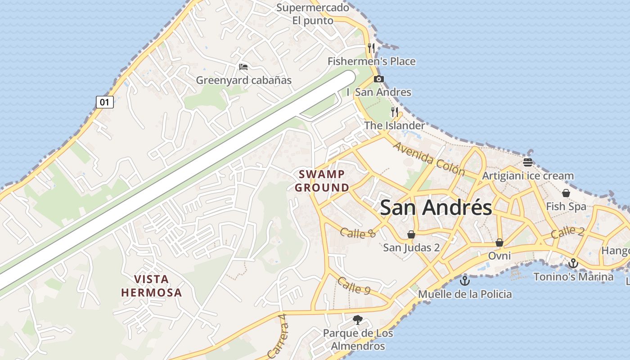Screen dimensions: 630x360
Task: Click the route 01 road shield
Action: click(x=104, y=102)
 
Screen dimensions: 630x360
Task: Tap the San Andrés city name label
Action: click(x=436, y=208)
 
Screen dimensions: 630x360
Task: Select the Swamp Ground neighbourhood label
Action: click(x=322, y=181)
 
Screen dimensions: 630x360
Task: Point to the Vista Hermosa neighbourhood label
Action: click(x=152, y=286)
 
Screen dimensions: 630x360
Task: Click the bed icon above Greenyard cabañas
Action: click(x=243, y=67)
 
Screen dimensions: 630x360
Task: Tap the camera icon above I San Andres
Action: click(x=379, y=79)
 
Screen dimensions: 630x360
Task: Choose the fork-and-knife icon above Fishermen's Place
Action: click(x=371, y=48)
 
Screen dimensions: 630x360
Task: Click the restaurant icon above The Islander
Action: click(x=395, y=112)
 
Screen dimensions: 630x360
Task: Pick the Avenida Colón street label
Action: click(x=429, y=158)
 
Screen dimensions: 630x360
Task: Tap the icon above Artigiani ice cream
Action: click(x=528, y=162)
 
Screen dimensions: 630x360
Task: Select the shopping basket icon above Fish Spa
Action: click(x=566, y=193)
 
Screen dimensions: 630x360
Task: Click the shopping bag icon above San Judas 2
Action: click(x=411, y=234)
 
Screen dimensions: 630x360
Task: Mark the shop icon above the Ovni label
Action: click(x=499, y=243)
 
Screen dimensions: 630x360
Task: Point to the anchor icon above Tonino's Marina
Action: click(x=573, y=263)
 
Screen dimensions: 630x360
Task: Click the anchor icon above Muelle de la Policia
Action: click(x=465, y=281)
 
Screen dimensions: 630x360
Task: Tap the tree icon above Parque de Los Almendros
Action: click(x=358, y=320)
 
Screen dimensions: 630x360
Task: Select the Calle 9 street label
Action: click(x=354, y=286)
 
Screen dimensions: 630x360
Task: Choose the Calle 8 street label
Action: click(x=358, y=233)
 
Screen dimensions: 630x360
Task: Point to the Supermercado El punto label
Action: click(x=313, y=14)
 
